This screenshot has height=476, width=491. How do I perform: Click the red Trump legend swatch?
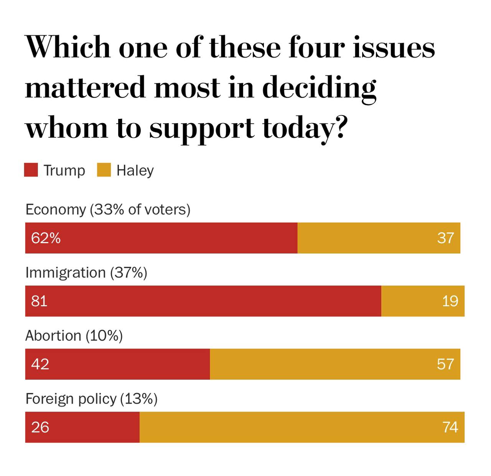(x=31, y=170)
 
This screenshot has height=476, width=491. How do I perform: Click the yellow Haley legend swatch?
(x=104, y=170)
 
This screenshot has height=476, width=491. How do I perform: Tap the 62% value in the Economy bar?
(x=46, y=238)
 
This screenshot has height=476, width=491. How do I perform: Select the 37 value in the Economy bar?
(x=445, y=238)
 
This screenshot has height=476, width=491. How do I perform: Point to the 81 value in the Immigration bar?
(x=39, y=301)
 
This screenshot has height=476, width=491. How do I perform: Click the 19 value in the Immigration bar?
(x=450, y=301)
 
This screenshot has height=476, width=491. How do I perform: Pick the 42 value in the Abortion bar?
(x=40, y=364)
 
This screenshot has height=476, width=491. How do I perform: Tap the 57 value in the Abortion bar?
(x=445, y=364)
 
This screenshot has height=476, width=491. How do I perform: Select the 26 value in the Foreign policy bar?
(x=40, y=427)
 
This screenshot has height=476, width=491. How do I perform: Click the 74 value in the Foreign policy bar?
(x=450, y=427)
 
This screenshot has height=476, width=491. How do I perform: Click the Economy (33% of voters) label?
(x=108, y=210)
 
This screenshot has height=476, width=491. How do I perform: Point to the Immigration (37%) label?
(x=86, y=273)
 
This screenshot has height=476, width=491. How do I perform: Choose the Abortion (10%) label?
(x=74, y=336)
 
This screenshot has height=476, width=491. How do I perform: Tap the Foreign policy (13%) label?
(x=91, y=399)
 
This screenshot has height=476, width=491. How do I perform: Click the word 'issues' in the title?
(x=394, y=48)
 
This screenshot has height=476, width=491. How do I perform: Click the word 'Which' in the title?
(x=68, y=48)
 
